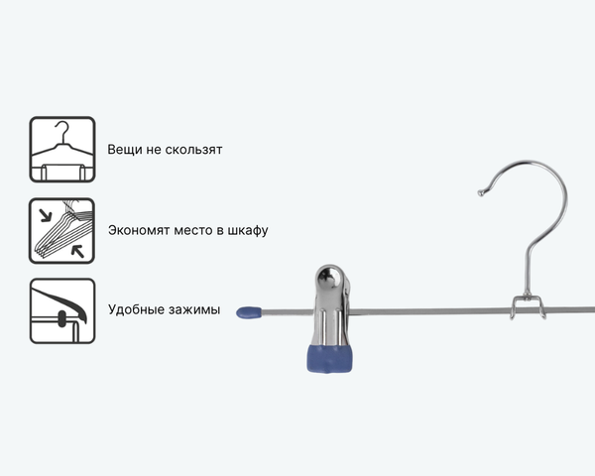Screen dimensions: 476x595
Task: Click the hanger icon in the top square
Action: [61, 150]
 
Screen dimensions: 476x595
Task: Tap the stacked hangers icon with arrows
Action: [61, 231]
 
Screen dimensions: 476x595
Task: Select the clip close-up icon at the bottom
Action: [61, 310]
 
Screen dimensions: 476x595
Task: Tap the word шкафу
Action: [248, 231]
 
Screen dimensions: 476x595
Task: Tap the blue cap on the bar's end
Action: [249, 314]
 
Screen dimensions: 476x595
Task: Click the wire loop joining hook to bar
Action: [527, 306]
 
